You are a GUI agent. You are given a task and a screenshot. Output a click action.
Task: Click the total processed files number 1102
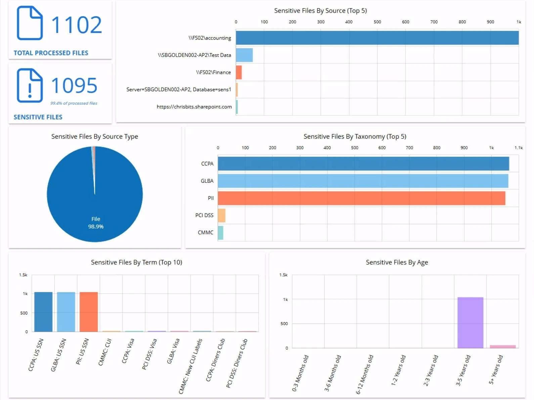(76, 25)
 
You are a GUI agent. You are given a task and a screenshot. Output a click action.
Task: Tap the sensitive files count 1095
(74, 86)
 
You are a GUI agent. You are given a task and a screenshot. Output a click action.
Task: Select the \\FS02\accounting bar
(377, 38)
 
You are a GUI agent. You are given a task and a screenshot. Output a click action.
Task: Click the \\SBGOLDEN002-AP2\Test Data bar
(244, 55)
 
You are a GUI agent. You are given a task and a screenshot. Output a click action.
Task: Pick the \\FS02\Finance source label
(214, 72)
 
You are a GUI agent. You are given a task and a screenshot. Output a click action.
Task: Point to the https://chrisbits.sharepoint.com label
(194, 107)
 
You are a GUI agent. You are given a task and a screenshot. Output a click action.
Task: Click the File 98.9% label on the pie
(96, 223)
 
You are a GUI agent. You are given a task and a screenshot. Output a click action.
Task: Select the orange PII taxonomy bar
(361, 198)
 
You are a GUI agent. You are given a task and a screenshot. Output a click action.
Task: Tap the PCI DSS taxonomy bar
(222, 215)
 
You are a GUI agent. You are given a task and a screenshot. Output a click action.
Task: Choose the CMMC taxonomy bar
(221, 233)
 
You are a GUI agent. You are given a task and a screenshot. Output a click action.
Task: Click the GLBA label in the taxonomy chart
(207, 181)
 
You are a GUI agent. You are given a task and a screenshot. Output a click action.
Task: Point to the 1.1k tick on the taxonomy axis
(518, 148)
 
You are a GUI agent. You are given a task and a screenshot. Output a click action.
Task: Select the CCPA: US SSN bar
(43, 312)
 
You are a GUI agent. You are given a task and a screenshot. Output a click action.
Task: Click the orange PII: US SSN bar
(89, 312)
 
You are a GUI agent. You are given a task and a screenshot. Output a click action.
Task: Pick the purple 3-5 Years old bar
(470, 322)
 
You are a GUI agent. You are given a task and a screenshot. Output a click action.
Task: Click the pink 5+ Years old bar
(502, 347)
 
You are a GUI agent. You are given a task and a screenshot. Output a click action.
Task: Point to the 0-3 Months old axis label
(300, 373)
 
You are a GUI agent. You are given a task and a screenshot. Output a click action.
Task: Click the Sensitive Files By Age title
(397, 262)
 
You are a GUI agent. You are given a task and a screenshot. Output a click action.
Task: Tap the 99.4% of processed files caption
(74, 103)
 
